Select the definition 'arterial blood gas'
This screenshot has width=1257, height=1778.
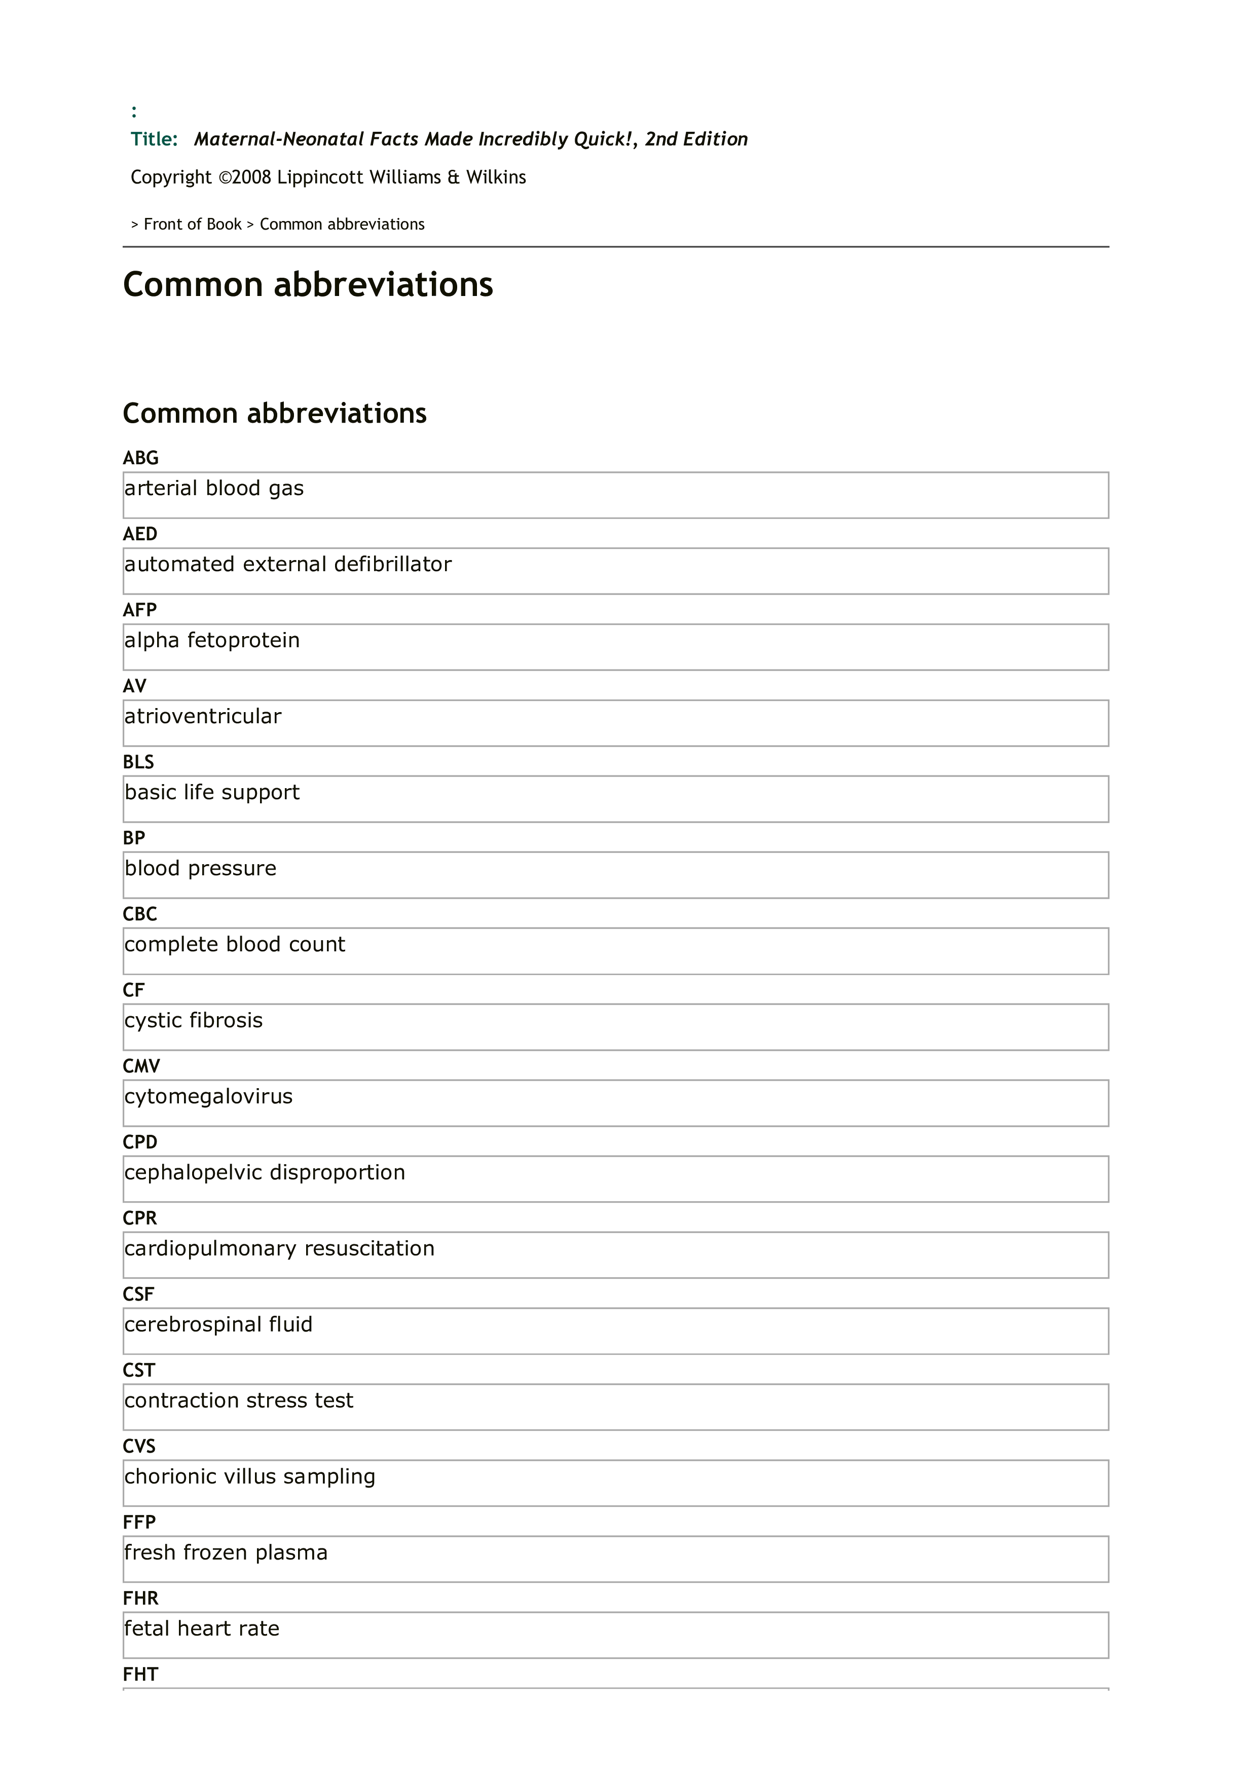214,489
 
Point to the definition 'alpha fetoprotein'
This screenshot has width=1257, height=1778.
211,641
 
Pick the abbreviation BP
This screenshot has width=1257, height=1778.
134,838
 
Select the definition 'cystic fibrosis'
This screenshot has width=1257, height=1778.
194,1021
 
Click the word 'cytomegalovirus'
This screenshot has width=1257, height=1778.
208,1096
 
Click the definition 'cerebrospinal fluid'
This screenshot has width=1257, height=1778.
218,1324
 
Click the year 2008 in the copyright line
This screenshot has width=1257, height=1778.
251,177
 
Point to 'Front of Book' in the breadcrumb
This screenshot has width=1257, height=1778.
193,225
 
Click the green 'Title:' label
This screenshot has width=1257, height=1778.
154,139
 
